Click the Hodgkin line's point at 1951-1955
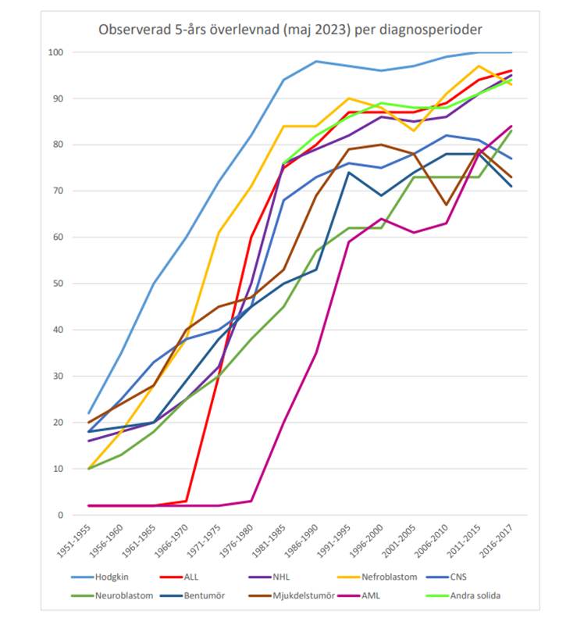coord(89,413)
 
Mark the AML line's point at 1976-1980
coord(251,501)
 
